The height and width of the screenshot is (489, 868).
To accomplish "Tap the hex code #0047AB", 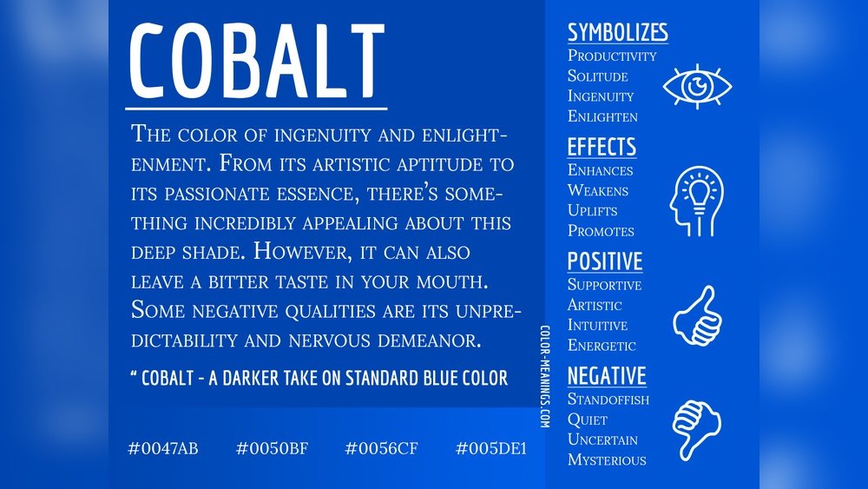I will (163, 448).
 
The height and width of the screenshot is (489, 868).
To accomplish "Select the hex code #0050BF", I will (272, 448).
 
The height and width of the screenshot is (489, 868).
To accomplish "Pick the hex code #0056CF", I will (382, 448).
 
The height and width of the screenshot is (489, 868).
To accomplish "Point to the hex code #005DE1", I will (490, 448).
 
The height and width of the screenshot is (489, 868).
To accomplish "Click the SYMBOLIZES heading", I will (617, 33).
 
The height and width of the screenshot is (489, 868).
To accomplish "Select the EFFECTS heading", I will (602, 146).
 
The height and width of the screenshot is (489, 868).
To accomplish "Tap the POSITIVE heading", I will (605, 261).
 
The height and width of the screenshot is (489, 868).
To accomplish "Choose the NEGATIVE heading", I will (607, 376).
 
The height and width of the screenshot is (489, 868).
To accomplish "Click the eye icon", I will (697, 86).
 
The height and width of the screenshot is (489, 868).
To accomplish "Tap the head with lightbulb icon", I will (696, 202).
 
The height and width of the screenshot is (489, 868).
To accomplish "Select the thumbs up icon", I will (697, 315).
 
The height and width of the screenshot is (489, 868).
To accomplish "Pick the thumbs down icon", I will (697, 429).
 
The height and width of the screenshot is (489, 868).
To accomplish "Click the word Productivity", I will (612, 56).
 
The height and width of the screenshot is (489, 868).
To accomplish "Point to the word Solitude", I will (597, 76).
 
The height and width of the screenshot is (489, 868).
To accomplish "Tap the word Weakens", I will (597, 190).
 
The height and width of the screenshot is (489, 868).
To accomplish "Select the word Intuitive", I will (597, 325).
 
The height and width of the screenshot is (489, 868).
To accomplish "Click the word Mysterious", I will (607, 459).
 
